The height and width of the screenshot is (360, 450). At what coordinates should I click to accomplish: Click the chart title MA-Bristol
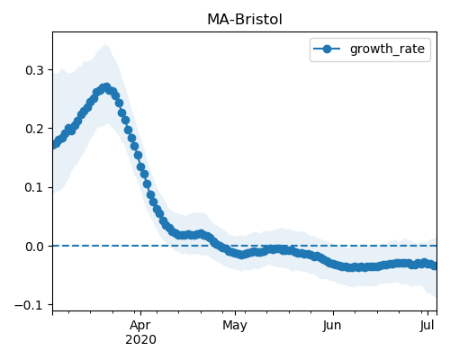[x=245, y=20]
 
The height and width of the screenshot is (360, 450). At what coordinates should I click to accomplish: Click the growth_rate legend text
[x=387, y=49]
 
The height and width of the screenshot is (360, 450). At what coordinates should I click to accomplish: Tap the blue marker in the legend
[x=327, y=49]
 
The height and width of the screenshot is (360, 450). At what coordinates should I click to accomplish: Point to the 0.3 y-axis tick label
[x=34, y=70]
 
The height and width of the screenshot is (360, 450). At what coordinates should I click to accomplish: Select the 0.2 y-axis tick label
[x=34, y=129]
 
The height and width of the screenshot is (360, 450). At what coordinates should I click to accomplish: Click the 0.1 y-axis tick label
[x=34, y=187]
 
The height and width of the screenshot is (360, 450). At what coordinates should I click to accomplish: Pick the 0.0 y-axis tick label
[x=34, y=247]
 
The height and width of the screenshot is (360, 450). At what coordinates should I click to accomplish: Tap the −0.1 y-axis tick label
[x=29, y=305]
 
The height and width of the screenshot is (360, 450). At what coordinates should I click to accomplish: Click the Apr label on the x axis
[x=140, y=326]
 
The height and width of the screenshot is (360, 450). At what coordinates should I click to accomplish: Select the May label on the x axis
[x=235, y=326]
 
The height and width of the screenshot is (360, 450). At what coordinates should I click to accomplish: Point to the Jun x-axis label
[x=332, y=326]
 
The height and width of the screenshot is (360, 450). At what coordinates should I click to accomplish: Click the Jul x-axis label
[x=427, y=326]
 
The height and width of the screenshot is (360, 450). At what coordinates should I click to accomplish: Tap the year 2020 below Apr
[x=140, y=340]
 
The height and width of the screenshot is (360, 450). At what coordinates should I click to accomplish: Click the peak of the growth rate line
[x=106, y=87]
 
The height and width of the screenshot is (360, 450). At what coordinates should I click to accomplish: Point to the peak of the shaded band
[x=105, y=45]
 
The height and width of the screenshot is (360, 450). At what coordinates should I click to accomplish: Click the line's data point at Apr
[x=140, y=166]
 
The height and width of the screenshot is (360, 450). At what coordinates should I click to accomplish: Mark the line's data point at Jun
[x=333, y=264]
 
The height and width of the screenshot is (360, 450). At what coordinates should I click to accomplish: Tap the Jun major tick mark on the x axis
[x=333, y=313]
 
